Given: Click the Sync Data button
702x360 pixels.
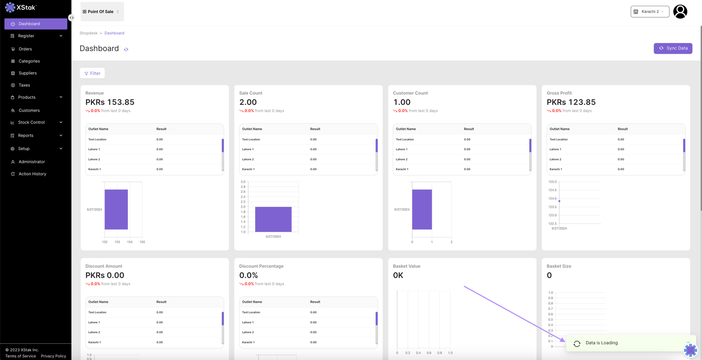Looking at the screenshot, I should (x=673, y=48).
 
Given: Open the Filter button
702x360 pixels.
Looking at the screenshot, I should (x=92, y=73).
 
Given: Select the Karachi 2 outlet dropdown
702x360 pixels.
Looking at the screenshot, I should (x=649, y=11).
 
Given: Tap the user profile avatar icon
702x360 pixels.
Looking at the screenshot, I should (x=680, y=11).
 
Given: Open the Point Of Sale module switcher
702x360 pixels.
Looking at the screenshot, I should (x=102, y=11).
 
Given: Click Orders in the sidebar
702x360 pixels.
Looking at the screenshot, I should (x=25, y=49).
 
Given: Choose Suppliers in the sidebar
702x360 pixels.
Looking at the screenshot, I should (x=27, y=73).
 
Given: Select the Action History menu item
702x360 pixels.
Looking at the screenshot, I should (x=32, y=174).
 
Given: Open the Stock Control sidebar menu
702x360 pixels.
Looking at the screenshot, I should (x=31, y=122).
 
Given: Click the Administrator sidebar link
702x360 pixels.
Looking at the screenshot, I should (x=32, y=162).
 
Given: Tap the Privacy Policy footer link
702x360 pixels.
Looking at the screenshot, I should (x=53, y=356).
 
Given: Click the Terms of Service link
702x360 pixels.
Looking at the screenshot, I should (x=20, y=356).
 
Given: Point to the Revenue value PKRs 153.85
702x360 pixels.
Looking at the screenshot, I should (x=110, y=102).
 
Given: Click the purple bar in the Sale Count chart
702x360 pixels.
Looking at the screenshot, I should (x=273, y=219).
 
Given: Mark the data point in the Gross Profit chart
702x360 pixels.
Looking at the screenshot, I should (x=559, y=201).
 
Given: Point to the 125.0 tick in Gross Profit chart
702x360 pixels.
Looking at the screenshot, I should (x=552, y=182).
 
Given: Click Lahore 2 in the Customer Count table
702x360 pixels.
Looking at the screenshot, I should (x=402, y=159).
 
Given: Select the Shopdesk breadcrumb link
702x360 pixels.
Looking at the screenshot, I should (x=88, y=33).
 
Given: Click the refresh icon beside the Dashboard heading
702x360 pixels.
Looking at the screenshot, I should (x=126, y=49).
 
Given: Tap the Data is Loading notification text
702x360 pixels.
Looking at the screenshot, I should (x=601, y=343).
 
